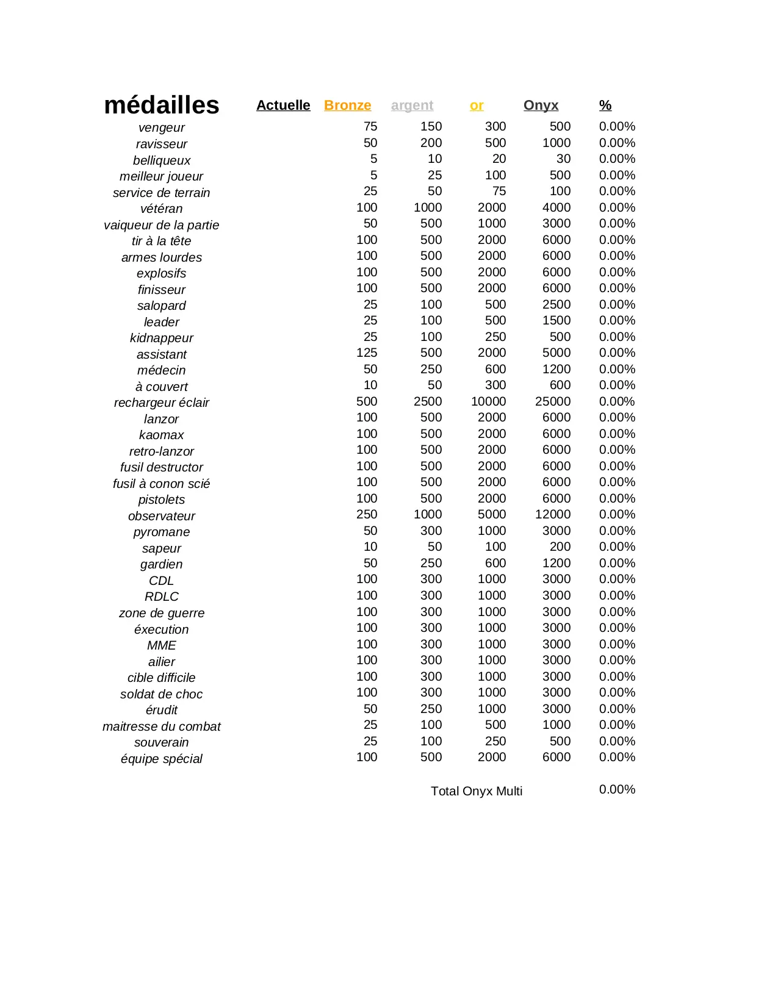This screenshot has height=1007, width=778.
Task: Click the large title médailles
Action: click(161, 105)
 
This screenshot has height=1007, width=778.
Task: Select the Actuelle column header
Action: click(283, 106)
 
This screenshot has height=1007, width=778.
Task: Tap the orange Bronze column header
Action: click(347, 106)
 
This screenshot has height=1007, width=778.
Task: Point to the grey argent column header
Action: click(412, 106)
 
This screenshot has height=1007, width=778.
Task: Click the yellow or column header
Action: click(477, 106)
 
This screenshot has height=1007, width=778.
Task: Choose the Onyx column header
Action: click(541, 106)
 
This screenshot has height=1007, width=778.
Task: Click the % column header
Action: click(605, 106)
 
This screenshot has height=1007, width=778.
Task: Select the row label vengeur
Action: click(161, 127)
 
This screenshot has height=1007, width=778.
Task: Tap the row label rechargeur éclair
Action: click(161, 403)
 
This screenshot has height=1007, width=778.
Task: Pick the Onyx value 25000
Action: click(553, 401)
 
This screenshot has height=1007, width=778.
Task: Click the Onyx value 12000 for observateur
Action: click(553, 514)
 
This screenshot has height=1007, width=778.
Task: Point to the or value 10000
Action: click(488, 401)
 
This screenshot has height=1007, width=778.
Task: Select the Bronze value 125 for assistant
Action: click(367, 353)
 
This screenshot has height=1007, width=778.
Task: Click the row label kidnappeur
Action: click(161, 338)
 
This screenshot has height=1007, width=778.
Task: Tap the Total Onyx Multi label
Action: click(477, 791)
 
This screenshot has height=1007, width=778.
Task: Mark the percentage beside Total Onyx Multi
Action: click(617, 789)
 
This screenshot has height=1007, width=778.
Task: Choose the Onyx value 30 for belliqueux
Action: click(563, 159)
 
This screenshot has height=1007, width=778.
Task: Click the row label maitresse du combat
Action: click(161, 726)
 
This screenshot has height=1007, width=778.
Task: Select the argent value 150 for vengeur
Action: click(431, 126)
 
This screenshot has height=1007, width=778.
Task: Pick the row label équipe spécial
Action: click(161, 759)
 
